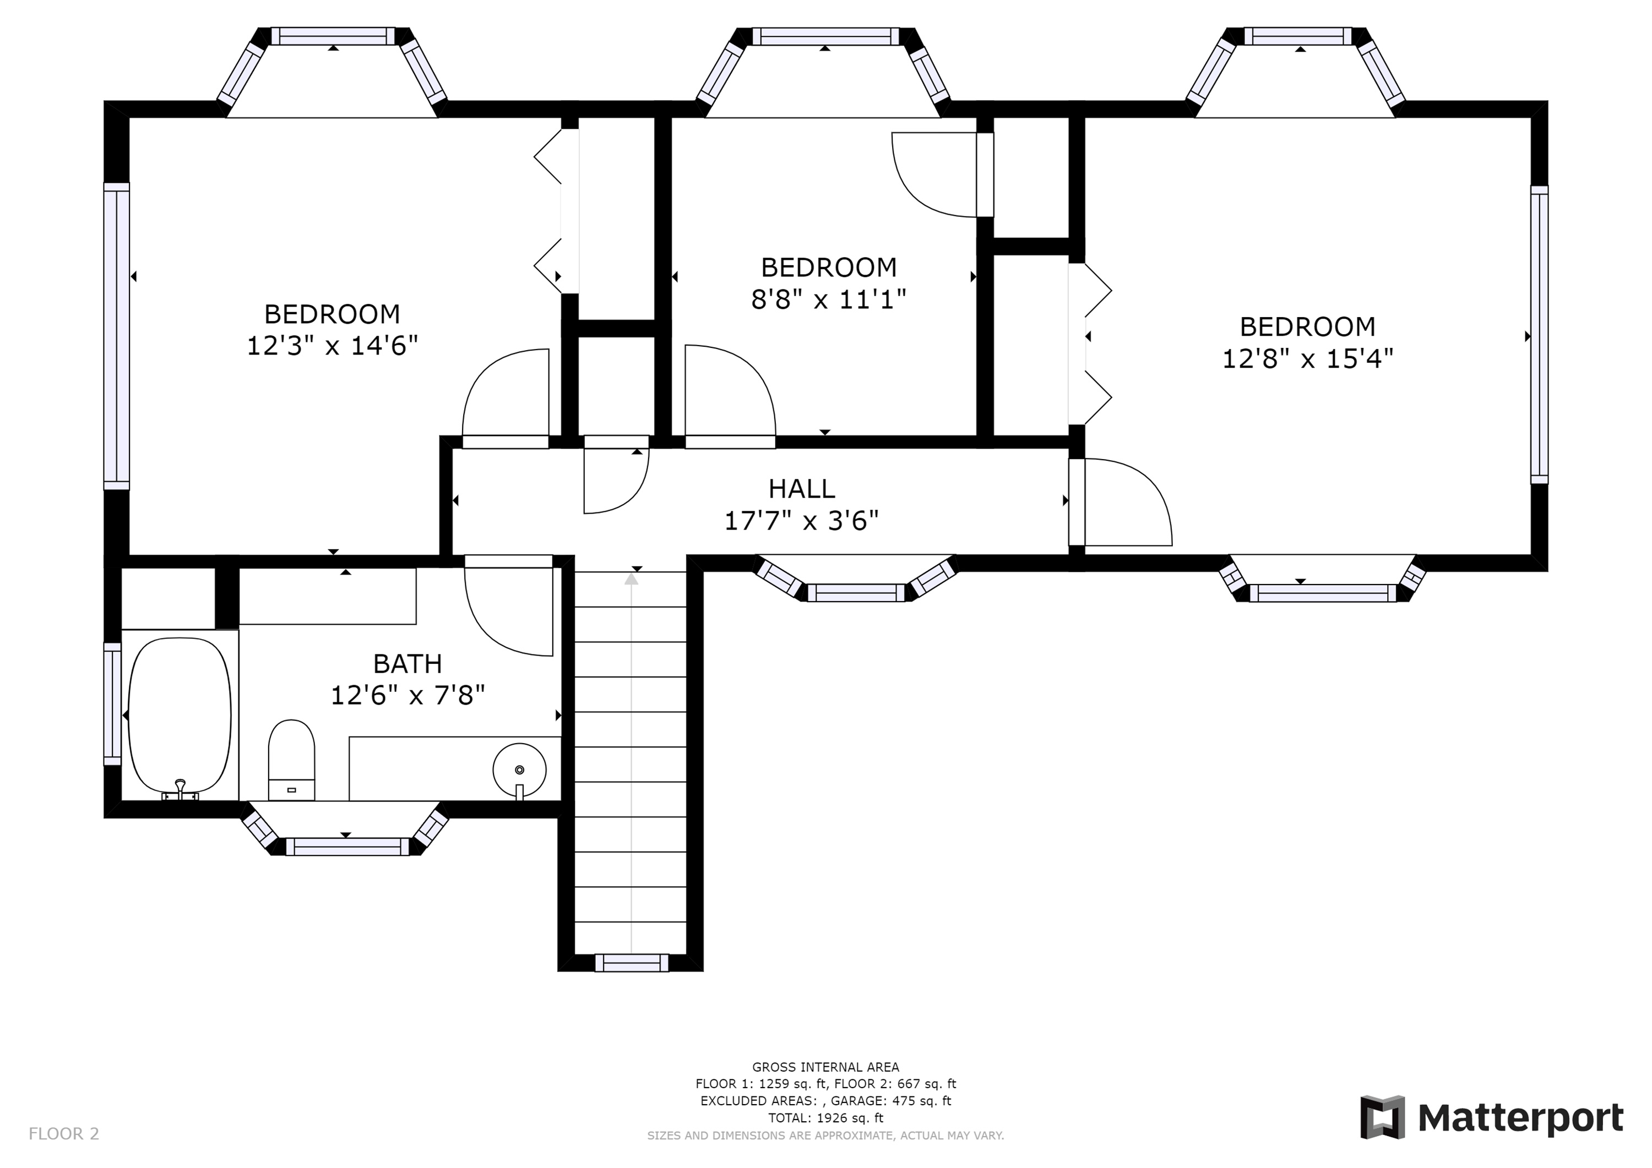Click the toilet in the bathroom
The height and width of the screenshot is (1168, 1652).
point(291,760)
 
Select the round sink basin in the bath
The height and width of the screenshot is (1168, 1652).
point(519,769)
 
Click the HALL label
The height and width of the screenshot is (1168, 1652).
point(802,489)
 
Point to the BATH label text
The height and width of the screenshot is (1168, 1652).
point(407,663)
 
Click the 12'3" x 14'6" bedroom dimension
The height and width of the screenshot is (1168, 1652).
point(333,346)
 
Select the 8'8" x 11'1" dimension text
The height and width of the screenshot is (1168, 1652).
point(828,299)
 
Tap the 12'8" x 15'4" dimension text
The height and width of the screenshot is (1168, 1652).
point(1307,358)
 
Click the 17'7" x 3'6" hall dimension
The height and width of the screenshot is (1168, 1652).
point(802,521)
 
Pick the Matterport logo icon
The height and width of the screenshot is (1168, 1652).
point(1382,1118)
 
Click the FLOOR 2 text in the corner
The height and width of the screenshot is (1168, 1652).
point(64,1134)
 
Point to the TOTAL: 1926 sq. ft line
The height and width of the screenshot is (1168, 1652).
point(825,1118)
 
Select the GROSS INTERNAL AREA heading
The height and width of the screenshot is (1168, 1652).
point(825,1067)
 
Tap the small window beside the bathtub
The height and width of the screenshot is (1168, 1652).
point(112,704)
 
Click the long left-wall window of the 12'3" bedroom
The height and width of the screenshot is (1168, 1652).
point(117,336)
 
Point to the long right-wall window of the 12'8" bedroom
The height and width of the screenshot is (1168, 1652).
point(1539,335)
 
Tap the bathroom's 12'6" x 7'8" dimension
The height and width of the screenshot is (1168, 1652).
point(407,696)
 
